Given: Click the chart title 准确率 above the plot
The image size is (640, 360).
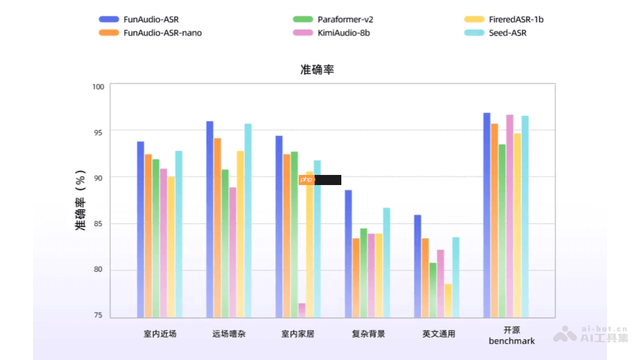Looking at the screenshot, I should tap(317, 70).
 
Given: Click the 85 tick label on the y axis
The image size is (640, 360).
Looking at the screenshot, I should tap(99, 224).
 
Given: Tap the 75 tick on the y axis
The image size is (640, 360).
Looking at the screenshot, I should tap(99, 316).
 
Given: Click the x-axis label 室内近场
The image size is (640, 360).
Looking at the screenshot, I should tap(159, 334).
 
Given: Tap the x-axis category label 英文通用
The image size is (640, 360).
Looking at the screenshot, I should tap(439, 334).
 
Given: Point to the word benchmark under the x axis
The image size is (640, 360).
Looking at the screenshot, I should tap(511, 341).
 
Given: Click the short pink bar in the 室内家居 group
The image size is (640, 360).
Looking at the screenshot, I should tap(302, 310).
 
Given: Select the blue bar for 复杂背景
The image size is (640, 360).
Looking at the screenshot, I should tap(348, 253).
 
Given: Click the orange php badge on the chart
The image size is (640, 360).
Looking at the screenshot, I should tap(307, 180).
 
